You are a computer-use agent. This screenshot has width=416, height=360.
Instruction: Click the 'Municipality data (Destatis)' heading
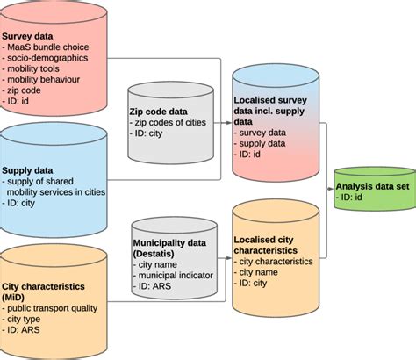[x=172, y=246]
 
